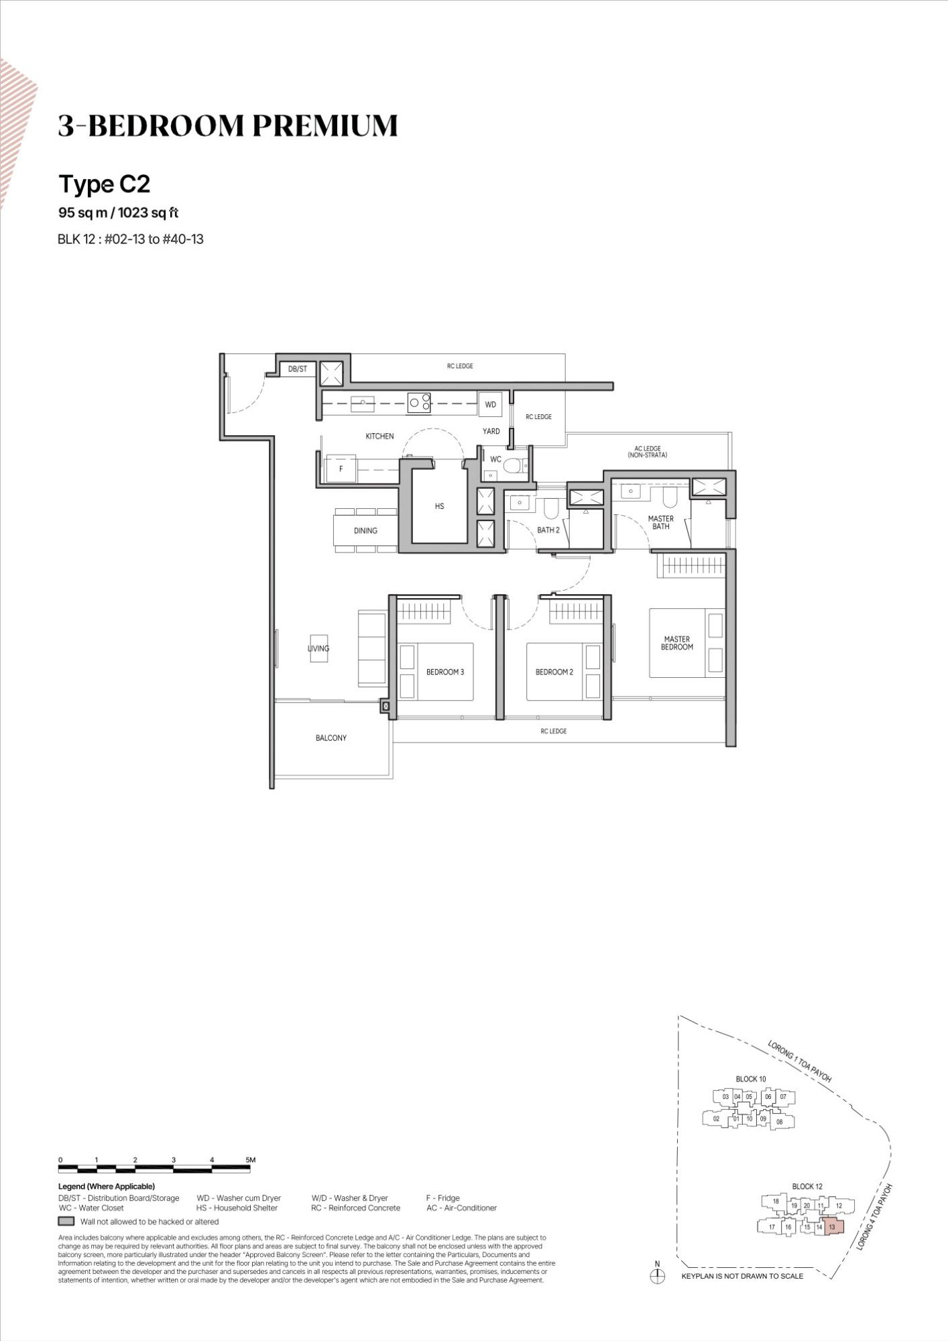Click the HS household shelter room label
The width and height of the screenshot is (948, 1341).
coord(439,506)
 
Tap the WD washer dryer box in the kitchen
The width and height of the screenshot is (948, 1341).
coord(490,404)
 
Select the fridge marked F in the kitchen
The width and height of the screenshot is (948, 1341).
coord(341,469)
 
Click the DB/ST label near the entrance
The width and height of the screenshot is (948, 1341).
coord(298,369)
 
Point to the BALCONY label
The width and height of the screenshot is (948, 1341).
coord(331,738)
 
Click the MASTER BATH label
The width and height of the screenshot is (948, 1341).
coord(661,522)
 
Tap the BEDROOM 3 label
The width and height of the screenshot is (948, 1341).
coord(445,672)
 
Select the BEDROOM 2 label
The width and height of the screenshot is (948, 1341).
coord(554,672)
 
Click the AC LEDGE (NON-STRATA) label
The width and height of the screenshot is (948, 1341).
coord(648,452)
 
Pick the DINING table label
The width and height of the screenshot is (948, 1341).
coord(365,530)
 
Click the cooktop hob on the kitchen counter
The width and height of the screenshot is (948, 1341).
coord(420,402)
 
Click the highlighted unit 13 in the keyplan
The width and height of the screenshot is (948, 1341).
coord(831,1226)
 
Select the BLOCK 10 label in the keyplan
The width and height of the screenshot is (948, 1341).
coord(751,1079)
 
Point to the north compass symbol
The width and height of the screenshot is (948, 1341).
coord(657,1276)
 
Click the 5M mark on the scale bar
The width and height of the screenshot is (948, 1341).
coord(250,1159)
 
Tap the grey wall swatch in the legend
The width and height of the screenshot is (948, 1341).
coord(66,1221)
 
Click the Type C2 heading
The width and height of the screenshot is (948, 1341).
coord(105,184)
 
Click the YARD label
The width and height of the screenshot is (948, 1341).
coord(491,431)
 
